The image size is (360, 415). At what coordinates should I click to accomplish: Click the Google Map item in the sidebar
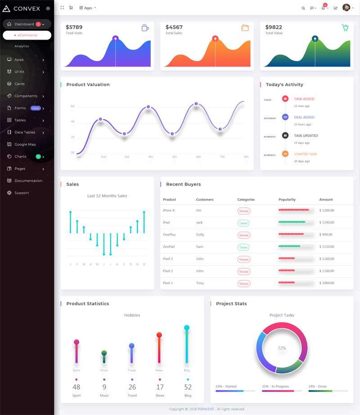(x=25, y=144)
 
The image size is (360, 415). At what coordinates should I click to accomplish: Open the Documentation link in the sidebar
(x=28, y=181)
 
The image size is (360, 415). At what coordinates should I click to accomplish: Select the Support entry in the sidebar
(x=22, y=193)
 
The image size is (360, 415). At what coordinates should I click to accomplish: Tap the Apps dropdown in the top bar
(x=87, y=8)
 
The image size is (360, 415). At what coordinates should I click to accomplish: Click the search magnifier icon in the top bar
(x=303, y=8)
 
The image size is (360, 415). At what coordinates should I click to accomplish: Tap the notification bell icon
(x=323, y=8)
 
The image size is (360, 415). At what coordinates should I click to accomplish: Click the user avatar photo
(x=346, y=8)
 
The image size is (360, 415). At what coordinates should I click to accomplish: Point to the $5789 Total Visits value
(x=74, y=27)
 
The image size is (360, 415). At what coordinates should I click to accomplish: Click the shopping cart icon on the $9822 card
(x=345, y=27)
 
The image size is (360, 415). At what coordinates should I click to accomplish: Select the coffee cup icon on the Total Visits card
(x=145, y=28)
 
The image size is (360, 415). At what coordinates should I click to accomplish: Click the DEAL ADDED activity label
(x=304, y=117)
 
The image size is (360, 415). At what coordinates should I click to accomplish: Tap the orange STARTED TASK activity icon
(x=285, y=154)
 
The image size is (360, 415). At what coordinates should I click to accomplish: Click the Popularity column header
(x=287, y=200)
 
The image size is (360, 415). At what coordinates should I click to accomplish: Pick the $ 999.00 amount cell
(x=326, y=235)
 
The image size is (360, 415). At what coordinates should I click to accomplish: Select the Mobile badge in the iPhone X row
(x=244, y=211)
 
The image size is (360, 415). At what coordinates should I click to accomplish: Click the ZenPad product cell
(x=168, y=247)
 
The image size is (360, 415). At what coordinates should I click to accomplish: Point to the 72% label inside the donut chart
(x=282, y=348)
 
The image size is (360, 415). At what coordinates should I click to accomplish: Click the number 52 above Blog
(x=188, y=387)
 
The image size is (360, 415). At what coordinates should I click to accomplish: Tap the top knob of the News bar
(x=159, y=335)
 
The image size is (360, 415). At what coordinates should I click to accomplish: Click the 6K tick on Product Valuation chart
(x=72, y=107)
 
